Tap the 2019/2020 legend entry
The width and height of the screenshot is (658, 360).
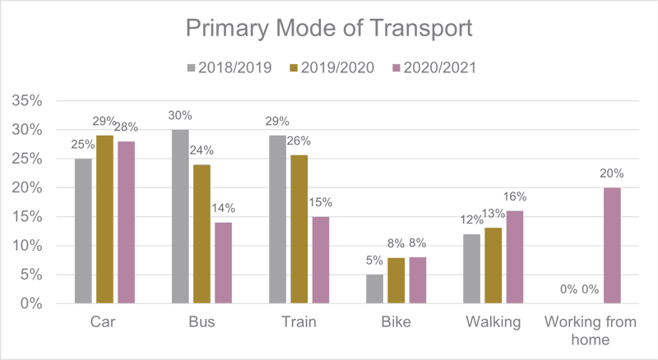(333, 67)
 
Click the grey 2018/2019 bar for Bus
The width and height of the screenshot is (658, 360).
(180, 217)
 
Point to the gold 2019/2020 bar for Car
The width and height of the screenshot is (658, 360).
(105, 219)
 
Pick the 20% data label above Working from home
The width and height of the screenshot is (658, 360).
(611, 173)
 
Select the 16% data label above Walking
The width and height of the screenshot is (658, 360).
(515, 196)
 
